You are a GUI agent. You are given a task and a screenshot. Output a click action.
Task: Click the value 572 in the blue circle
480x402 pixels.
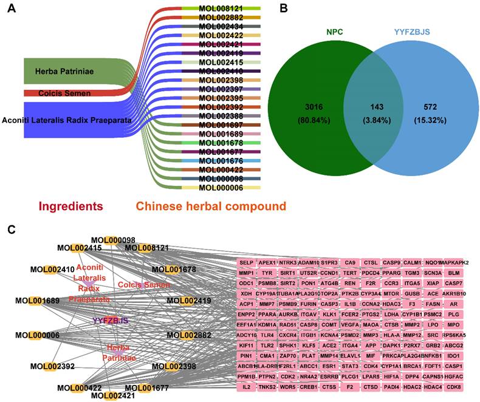coord(423,107)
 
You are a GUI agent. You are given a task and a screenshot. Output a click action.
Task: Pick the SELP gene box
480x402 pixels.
coord(246,263)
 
